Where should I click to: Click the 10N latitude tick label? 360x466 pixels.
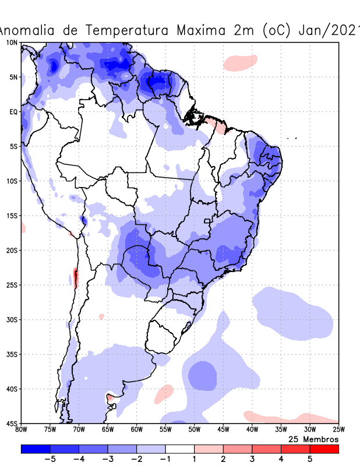(12, 43)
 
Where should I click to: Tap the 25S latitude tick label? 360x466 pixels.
(12, 285)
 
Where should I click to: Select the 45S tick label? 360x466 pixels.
(12, 423)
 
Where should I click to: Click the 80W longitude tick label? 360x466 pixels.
(22, 430)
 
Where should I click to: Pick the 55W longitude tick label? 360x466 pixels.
(165, 430)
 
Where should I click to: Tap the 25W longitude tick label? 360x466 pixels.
(338, 430)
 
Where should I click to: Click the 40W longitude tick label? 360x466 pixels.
(252, 430)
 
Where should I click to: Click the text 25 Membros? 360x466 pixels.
(313, 439)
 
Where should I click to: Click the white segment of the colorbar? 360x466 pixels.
(180, 449)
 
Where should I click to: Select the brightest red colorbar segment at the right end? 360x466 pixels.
(324, 449)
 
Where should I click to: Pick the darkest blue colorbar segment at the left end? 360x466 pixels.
(36, 449)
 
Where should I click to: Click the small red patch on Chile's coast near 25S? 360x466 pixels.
(75, 277)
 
